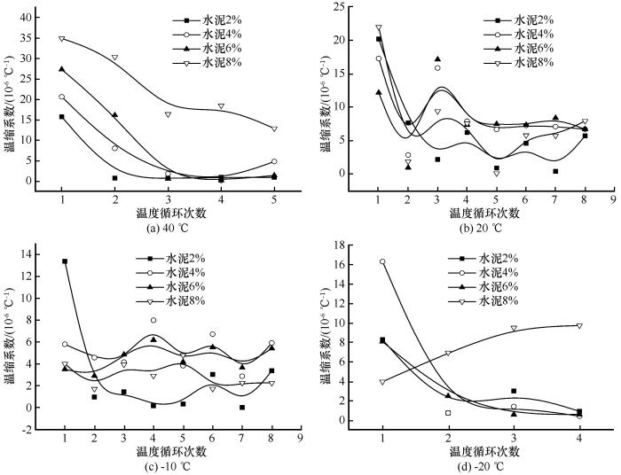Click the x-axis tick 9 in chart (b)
[612, 187]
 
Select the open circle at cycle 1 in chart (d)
[382, 261]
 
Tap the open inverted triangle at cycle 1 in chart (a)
[62, 38]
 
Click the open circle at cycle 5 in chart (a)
[275, 161]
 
